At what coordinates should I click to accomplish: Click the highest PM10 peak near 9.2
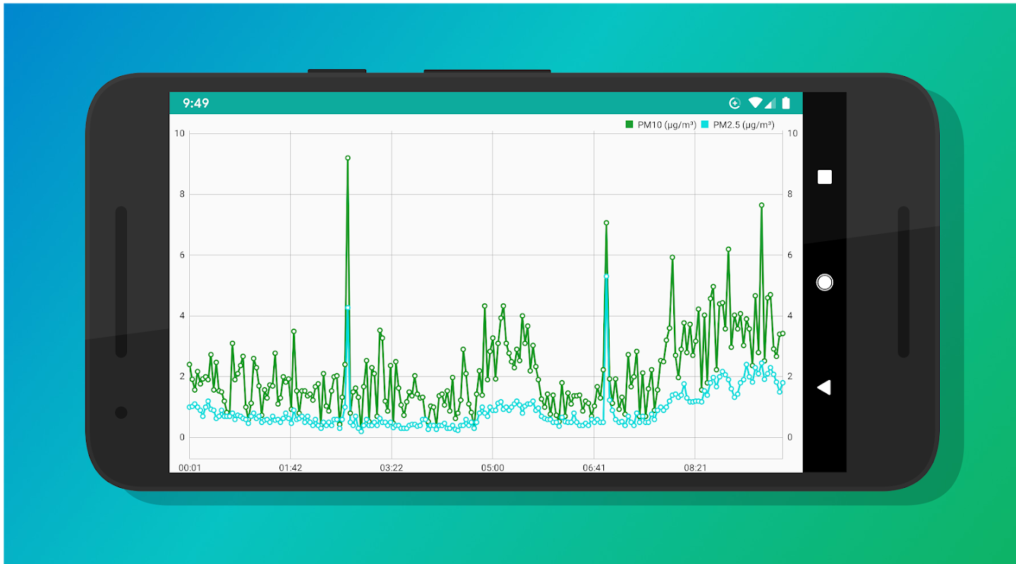(348, 158)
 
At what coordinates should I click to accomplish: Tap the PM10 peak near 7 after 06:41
(606, 223)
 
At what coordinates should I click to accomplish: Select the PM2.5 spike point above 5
(606, 276)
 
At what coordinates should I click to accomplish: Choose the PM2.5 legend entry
(738, 125)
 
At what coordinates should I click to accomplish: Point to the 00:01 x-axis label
(190, 467)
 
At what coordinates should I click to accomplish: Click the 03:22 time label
(392, 467)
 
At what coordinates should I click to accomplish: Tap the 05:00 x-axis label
(492, 467)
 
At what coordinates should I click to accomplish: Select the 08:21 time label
(695, 467)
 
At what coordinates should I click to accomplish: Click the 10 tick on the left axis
(180, 133)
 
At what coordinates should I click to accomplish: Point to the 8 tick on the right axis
(790, 194)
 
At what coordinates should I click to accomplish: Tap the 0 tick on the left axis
(182, 437)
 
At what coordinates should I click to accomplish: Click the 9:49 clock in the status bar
(195, 103)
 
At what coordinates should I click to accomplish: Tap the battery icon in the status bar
(786, 103)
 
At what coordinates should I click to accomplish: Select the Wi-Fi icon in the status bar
(755, 103)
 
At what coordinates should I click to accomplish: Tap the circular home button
(824, 282)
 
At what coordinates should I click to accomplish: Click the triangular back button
(823, 387)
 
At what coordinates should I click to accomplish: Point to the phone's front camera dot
(121, 412)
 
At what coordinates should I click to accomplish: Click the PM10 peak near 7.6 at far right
(762, 205)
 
